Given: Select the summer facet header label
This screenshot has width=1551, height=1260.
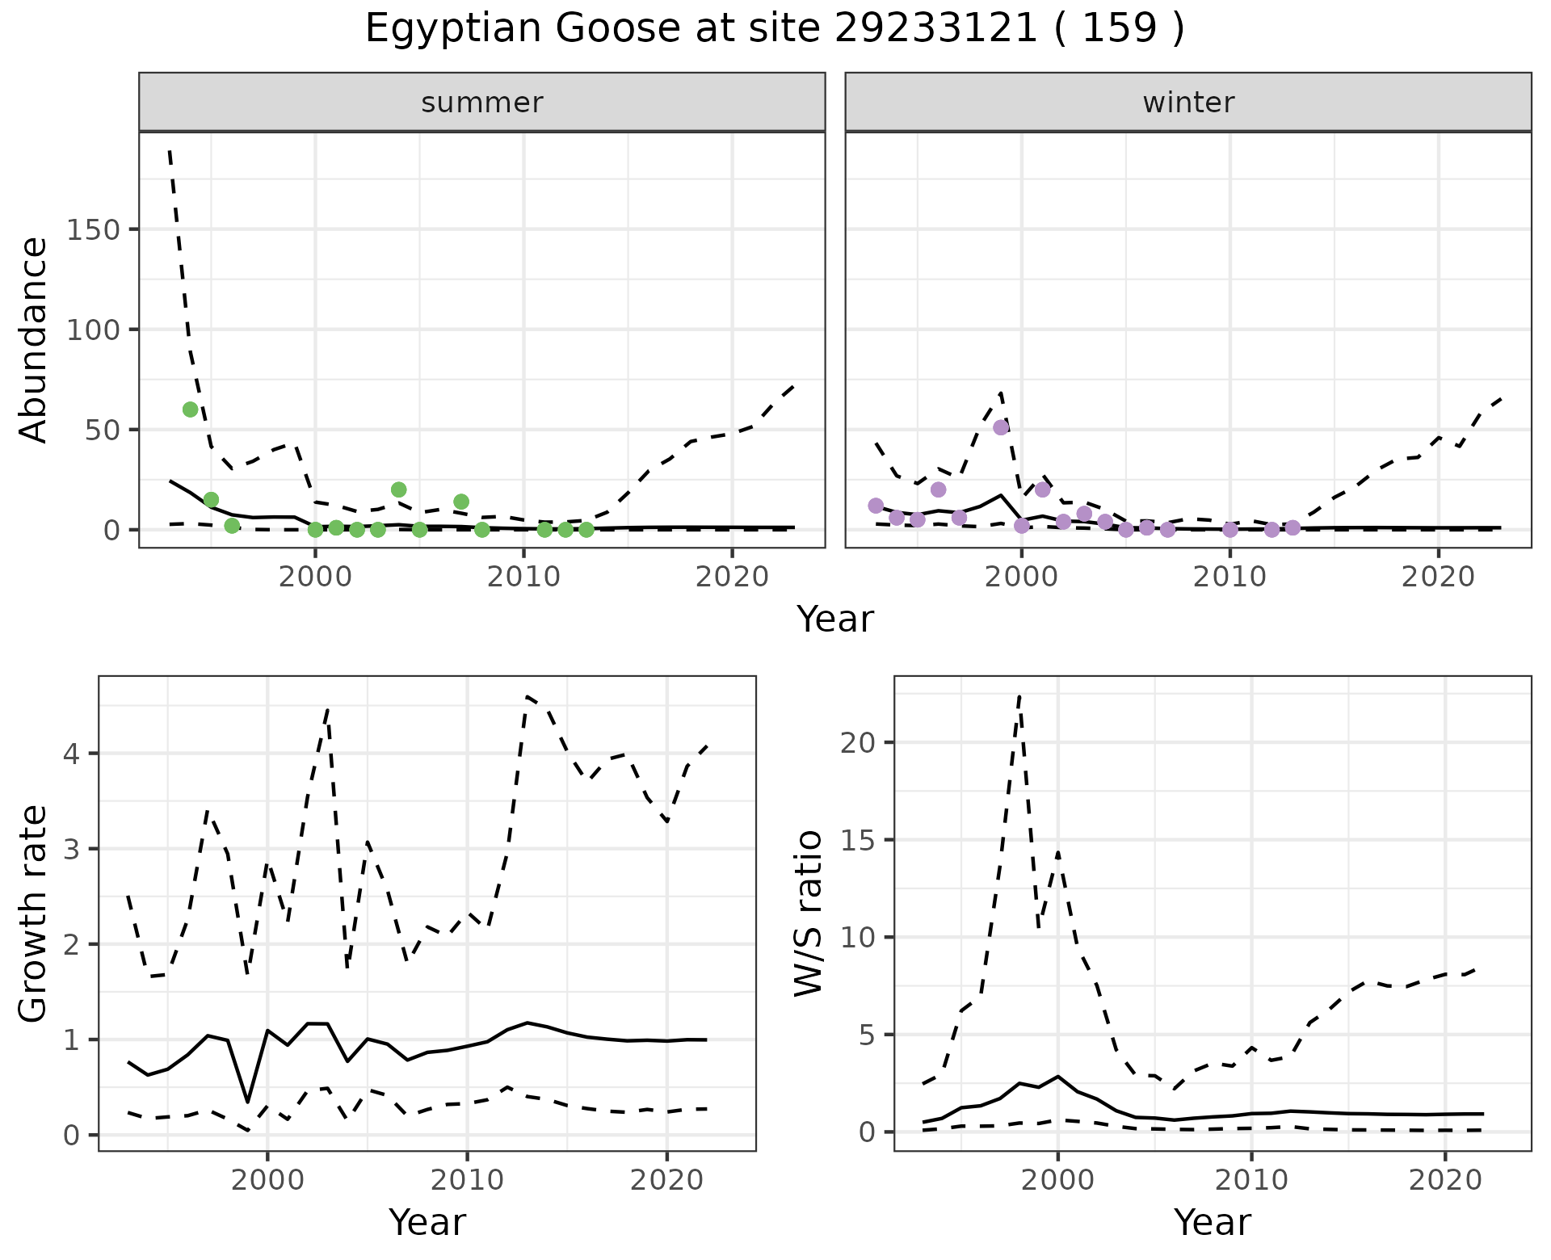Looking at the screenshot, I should coord(482,103).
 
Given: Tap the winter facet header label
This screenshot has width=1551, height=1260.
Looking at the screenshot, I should coord(1188,103).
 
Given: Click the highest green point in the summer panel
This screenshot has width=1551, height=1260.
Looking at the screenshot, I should coord(191,409).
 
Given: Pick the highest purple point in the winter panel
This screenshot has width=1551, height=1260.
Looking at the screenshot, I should coord(1001,427).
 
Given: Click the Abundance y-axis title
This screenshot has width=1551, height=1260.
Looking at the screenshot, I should coord(34,340).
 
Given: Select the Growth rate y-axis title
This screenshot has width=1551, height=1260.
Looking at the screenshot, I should coord(34,913).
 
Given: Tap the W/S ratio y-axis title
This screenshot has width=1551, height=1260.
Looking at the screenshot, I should coord(809,913).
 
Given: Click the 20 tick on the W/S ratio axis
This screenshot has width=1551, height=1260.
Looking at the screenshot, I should coord(857,742).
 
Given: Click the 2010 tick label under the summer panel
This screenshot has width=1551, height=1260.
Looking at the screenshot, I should coord(523,577).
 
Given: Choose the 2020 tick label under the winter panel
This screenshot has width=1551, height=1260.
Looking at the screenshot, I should coord(1438,577).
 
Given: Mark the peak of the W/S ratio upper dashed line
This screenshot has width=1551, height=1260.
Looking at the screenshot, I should coord(1019,695).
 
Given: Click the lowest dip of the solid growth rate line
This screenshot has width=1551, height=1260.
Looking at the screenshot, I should coord(247,1102).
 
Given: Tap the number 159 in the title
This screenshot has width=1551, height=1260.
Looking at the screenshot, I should coord(1119,29).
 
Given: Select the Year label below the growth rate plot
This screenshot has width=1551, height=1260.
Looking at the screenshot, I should coord(427,1222).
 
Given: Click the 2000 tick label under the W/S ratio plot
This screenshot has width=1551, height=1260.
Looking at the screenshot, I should coord(1057,1180).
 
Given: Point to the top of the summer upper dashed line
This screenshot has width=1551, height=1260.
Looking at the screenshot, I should coord(170,151).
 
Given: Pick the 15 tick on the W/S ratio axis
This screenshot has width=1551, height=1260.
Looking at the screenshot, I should coord(857,840).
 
